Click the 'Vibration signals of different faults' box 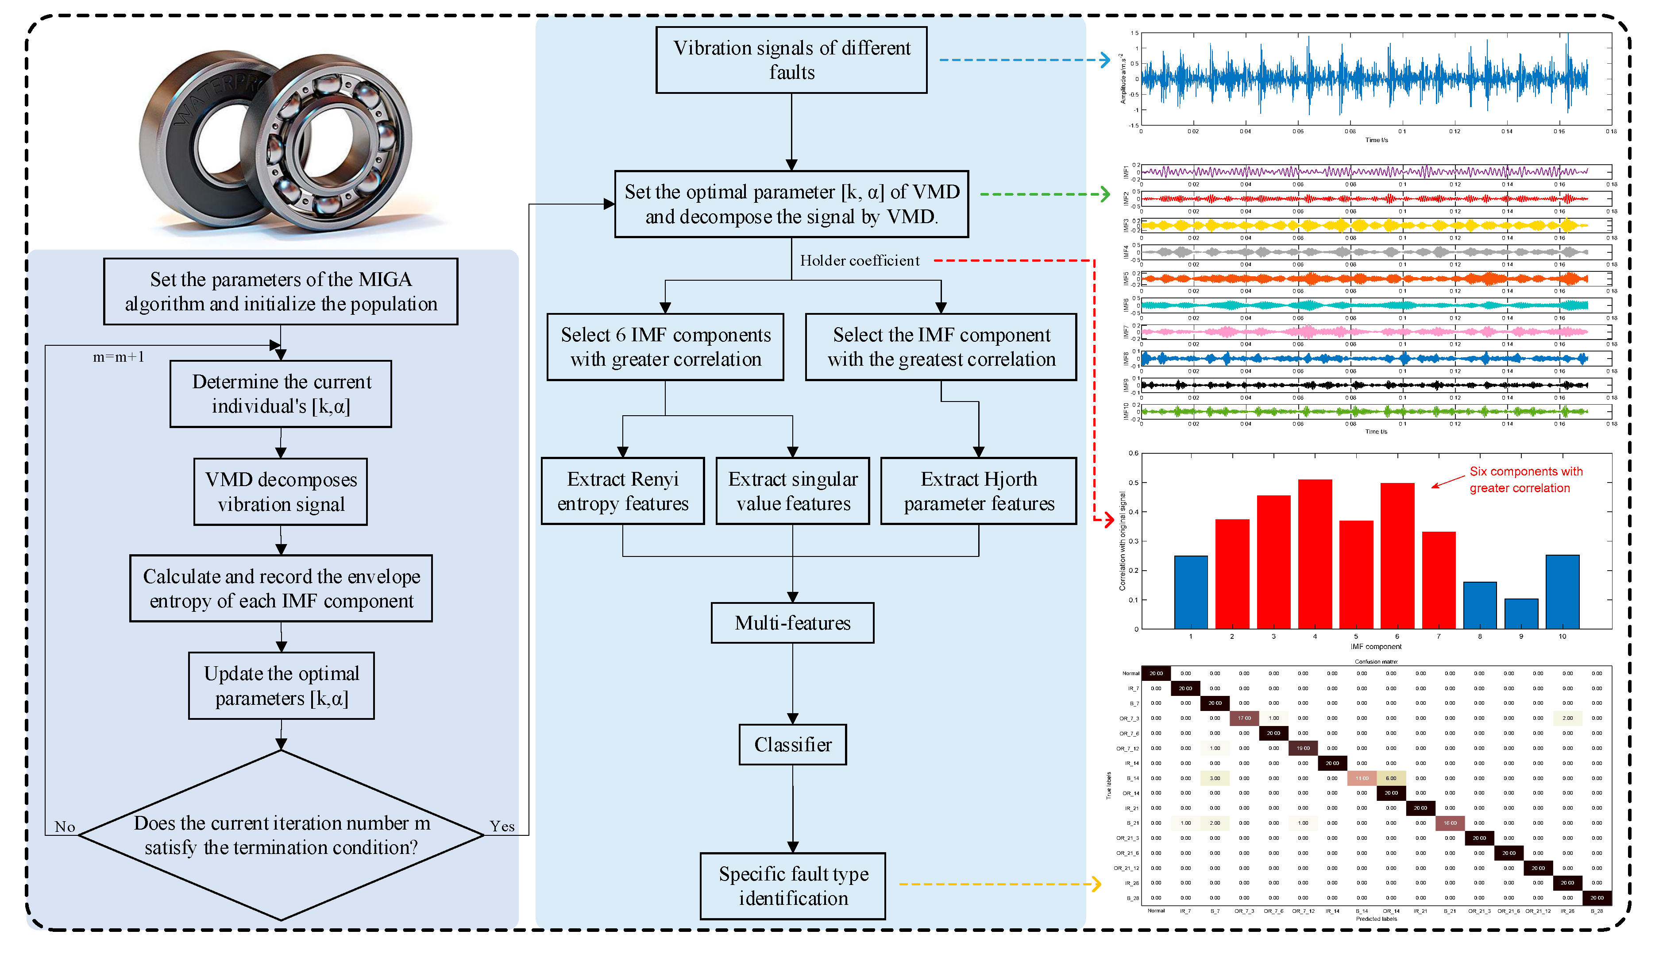click(x=791, y=60)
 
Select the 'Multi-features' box click(x=792, y=622)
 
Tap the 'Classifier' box click(x=792, y=744)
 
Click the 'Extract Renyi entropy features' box click(x=622, y=491)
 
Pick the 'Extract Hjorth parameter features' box click(x=979, y=491)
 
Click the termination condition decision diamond click(x=281, y=835)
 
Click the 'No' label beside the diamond click(x=65, y=827)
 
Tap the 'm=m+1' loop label click(x=119, y=357)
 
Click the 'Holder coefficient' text click(x=859, y=261)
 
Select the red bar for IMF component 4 click(x=1315, y=554)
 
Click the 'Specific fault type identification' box click(x=792, y=886)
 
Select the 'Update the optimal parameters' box click(x=281, y=685)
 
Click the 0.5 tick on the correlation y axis click(x=1134, y=483)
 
